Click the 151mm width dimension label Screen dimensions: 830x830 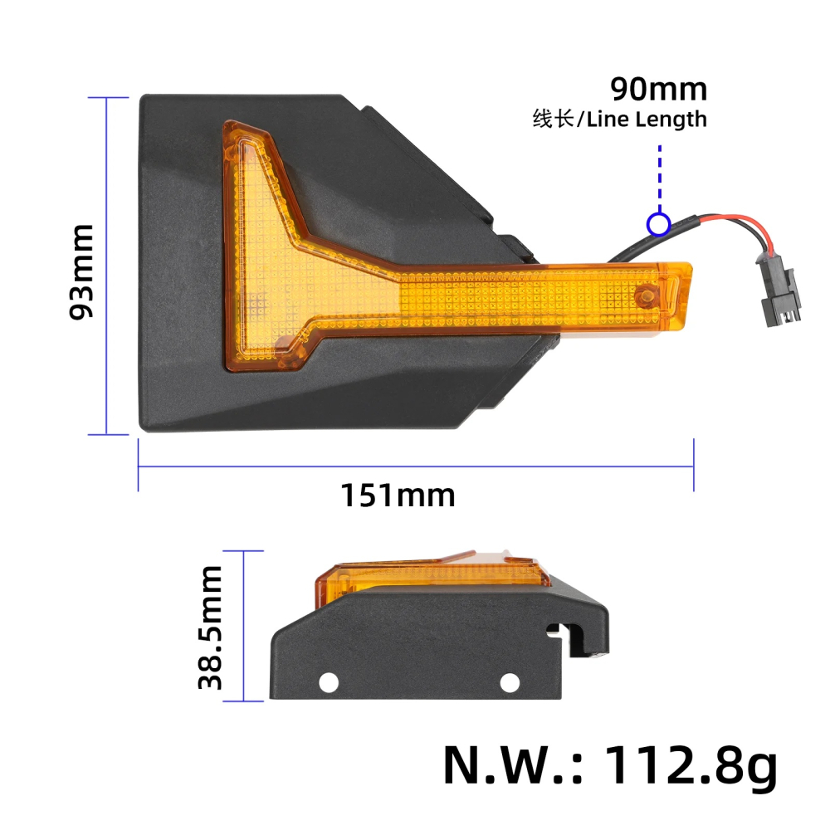click(x=398, y=496)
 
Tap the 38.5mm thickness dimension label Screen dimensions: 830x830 click(x=210, y=627)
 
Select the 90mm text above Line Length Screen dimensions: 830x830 click(x=658, y=88)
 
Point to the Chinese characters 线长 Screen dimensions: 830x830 click(x=553, y=120)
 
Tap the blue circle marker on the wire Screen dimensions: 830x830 click(x=658, y=224)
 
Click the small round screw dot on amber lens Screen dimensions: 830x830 click(x=645, y=296)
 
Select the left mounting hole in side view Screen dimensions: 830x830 click(x=330, y=681)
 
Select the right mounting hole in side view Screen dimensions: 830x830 click(x=509, y=681)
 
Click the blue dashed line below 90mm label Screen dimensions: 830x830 click(x=659, y=178)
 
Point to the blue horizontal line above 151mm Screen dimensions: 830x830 click(x=415, y=466)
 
